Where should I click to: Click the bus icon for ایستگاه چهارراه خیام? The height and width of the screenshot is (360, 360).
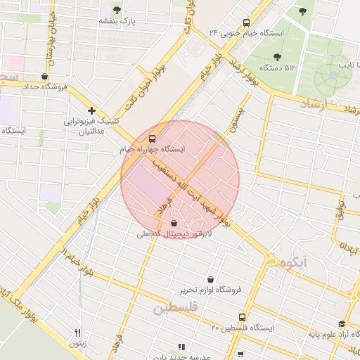(153, 138)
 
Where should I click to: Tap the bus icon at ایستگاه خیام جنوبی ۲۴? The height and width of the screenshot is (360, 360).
(245, 22)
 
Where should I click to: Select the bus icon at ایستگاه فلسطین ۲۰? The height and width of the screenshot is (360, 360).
(242, 317)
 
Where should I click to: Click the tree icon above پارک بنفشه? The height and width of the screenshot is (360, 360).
(117, 11)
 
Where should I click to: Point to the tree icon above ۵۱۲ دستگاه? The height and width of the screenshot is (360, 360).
(277, 56)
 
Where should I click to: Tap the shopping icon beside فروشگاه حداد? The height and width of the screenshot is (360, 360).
(45, 76)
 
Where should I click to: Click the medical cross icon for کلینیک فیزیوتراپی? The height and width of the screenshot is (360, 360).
(91, 110)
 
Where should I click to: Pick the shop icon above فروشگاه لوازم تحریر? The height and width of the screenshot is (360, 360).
(210, 278)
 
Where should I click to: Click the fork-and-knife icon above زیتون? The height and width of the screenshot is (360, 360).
(77, 333)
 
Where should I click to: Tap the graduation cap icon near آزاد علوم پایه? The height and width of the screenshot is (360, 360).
(342, 324)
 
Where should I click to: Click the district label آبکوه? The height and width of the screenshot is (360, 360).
(292, 263)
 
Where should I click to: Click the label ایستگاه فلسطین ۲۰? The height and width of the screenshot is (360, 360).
(243, 328)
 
